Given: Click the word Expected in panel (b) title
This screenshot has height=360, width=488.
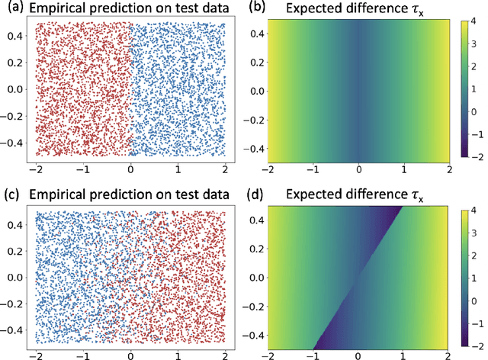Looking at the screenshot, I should click(316, 8).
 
